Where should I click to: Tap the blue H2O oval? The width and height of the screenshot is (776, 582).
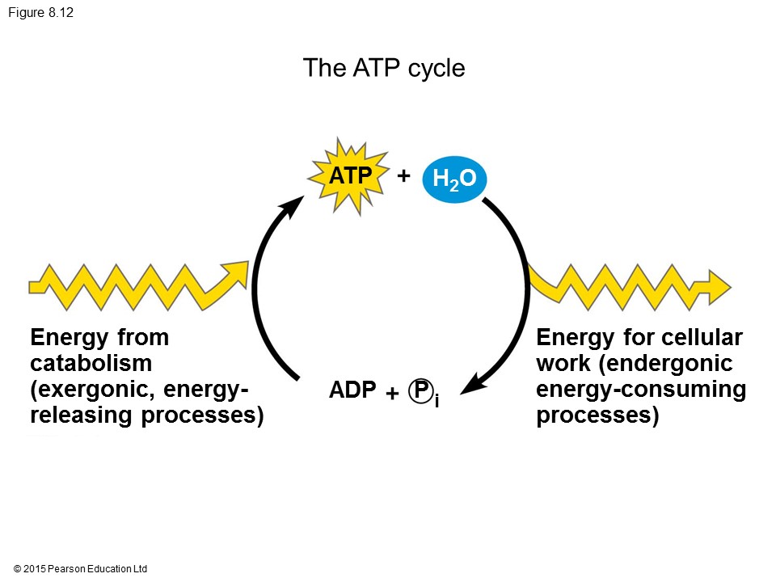click(x=453, y=179)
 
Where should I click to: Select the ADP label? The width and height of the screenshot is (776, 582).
click(x=352, y=390)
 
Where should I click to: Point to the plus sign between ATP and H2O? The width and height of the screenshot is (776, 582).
click(x=403, y=175)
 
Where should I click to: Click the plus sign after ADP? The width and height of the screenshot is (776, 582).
click(x=392, y=393)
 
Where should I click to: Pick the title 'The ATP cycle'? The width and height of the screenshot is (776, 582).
click(x=384, y=68)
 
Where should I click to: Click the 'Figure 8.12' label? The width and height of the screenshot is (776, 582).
click(x=41, y=13)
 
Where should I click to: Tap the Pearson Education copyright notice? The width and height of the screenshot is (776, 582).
click(x=81, y=569)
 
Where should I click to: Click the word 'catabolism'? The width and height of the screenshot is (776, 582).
click(x=91, y=363)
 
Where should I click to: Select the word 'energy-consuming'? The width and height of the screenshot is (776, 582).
click(x=641, y=390)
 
